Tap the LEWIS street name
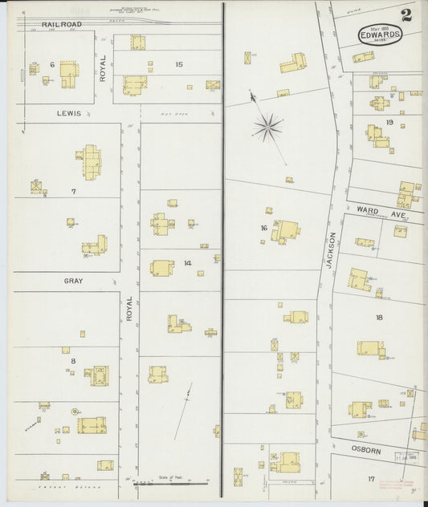(68, 114)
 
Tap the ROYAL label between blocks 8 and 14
(128, 310)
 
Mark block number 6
(51, 64)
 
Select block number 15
(178, 64)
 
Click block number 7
(73, 191)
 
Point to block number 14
(187, 263)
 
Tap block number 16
(263, 229)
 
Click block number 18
(379, 318)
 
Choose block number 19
(389, 122)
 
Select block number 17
(371, 479)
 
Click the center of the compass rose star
(267, 126)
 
